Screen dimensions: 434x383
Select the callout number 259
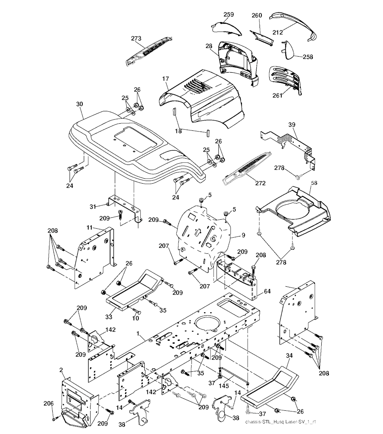pyautogui.click(x=229, y=15)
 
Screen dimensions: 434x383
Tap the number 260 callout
pyautogui.click(x=257, y=15)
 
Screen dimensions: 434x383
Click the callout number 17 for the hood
pyautogui.click(x=165, y=79)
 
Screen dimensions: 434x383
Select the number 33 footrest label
pyautogui.click(x=108, y=317)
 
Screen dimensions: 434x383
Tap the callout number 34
pyautogui.click(x=289, y=355)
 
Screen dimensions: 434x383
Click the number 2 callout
pyautogui.click(x=61, y=370)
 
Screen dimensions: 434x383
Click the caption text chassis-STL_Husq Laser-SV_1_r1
pyautogui.click(x=281, y=422)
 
